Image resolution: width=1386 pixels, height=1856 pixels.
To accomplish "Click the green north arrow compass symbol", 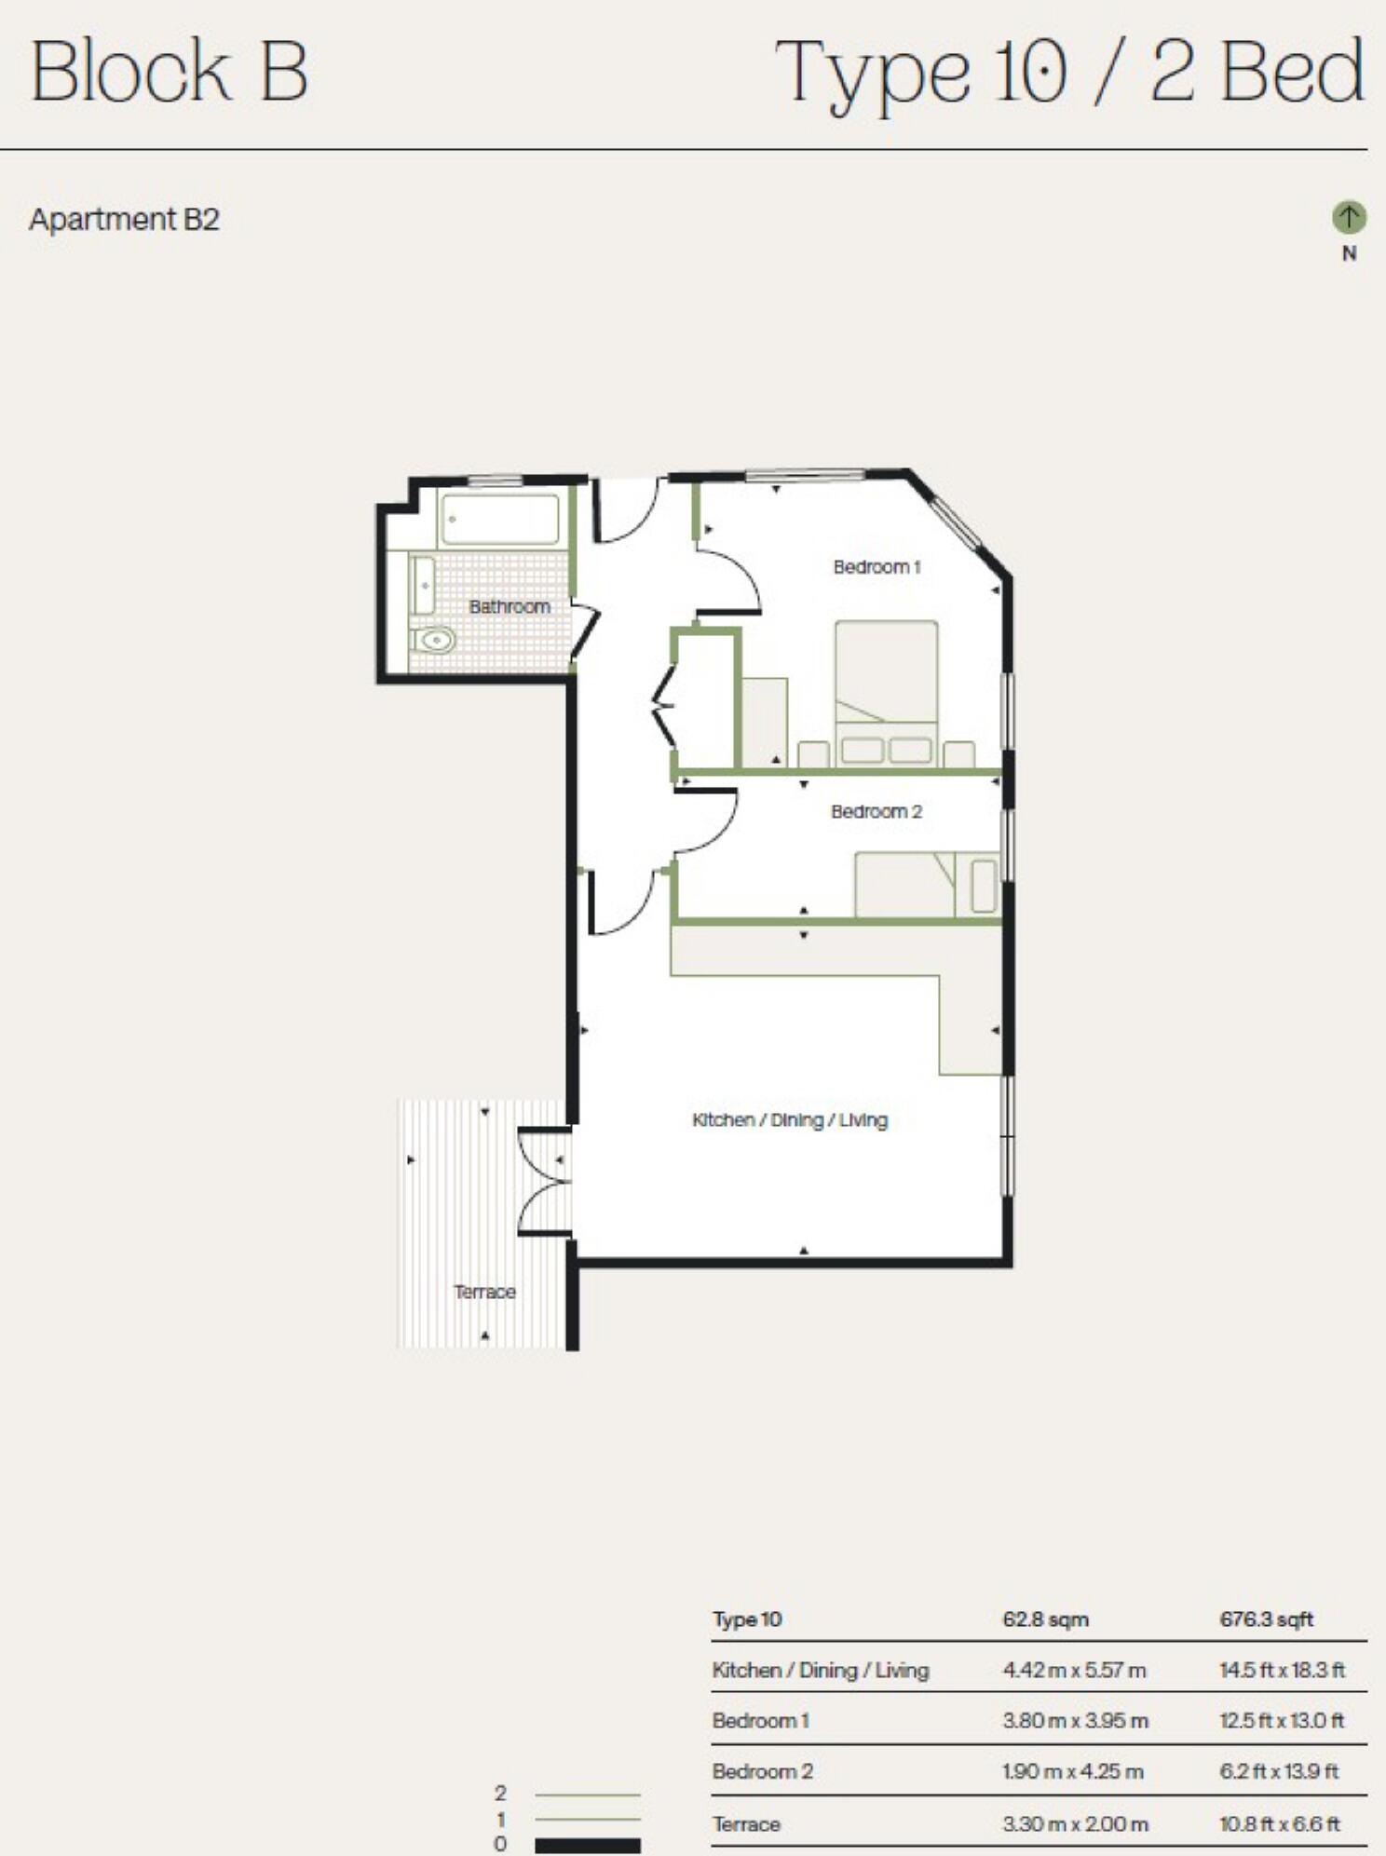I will pos(1348,217).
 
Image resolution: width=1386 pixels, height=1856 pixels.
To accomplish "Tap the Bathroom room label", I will pos(510,606).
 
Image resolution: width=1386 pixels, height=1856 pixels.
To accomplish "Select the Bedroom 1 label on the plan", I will pos(876,566).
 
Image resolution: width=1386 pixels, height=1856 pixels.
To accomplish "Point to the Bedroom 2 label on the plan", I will pos(876,811).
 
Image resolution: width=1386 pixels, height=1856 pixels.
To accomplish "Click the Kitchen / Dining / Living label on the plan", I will pos(790,1119).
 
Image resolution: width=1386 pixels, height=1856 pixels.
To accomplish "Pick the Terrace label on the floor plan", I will pos(484,1292).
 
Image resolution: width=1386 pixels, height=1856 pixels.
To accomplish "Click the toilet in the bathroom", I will pos(433,640).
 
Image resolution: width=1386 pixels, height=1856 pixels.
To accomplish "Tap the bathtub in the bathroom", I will pos(500,519).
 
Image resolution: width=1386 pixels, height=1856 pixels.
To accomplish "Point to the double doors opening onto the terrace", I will pos(545,1184).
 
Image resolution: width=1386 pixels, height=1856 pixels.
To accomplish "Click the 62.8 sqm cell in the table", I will pos(1045,1619).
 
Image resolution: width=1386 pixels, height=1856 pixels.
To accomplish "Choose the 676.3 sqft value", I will pos(1266,1619).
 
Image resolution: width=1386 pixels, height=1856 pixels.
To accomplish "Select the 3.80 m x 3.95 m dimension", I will pos(1075,1721).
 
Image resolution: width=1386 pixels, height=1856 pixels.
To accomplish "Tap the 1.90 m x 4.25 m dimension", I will pos(1072,1771).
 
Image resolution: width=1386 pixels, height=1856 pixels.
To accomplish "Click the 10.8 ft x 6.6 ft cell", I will pos(1280,1823).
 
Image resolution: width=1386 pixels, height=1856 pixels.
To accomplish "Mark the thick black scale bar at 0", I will pos(588,1845).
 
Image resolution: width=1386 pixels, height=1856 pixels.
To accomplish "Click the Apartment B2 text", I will pos(124,220).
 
